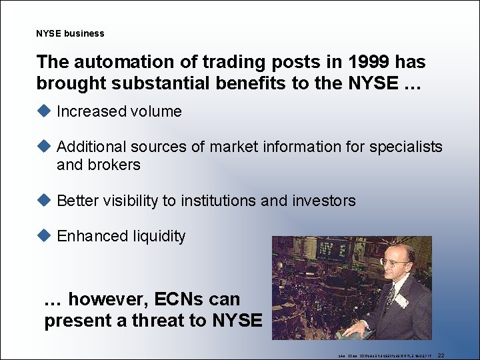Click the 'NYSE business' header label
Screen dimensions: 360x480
[x=70, y=33]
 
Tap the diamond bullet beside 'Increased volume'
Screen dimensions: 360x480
[x=44, y=111]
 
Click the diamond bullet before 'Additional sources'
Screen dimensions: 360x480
[x=44, y=146]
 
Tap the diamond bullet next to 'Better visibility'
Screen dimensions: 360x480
[x=44, y=200]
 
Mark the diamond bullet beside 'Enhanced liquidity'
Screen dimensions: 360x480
[x=44, y=235]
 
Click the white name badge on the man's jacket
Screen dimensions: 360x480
[x=402, y=300]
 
